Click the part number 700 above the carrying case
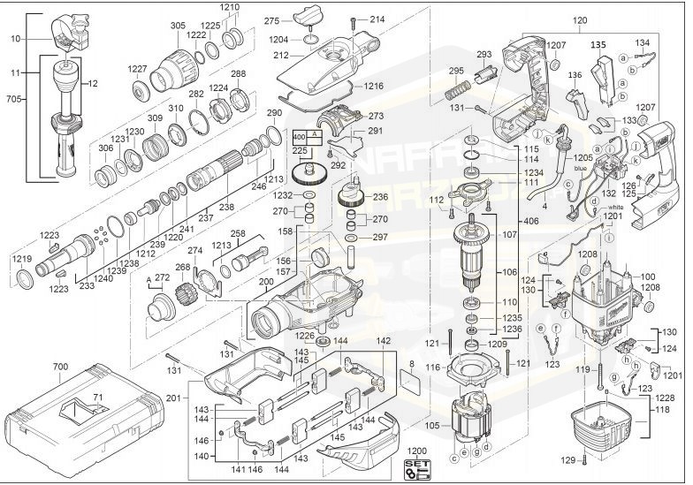pyautogui.click(x=60, y=365)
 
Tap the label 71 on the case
pyautogui.click(x=73, y=399)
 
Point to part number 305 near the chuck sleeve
pyautogui.click(x=178, y=26)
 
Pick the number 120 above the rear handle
pyautogui.click(x=579, y=19)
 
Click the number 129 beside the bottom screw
pyautogui.click(x=567, y=459)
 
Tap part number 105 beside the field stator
pyautogui.click(x=432, y=424)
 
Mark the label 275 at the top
pyautogui.click(x=272, y=20)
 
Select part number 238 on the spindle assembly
pyautogui.click(x=227, y=207)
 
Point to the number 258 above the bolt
pyautogui.click(x=237, y=235)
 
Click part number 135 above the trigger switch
pyautogui.click(x=598, y=44)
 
